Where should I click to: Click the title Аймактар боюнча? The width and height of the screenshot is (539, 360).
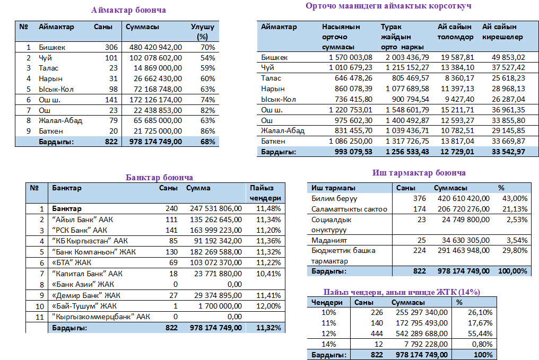128,10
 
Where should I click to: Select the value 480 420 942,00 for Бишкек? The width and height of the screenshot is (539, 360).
156,47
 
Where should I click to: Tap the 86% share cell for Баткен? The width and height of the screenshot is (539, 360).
207,131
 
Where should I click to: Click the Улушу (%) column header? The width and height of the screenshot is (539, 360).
202,31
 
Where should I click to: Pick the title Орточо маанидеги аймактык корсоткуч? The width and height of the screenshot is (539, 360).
388,6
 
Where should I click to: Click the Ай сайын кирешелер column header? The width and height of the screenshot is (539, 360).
502,32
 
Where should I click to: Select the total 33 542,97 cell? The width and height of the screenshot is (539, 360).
507,152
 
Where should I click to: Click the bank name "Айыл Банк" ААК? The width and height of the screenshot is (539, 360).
82,219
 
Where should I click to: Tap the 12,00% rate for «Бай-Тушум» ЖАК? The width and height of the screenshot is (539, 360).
268,306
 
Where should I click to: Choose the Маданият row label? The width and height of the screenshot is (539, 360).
329,240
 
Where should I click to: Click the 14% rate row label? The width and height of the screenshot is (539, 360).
329,344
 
